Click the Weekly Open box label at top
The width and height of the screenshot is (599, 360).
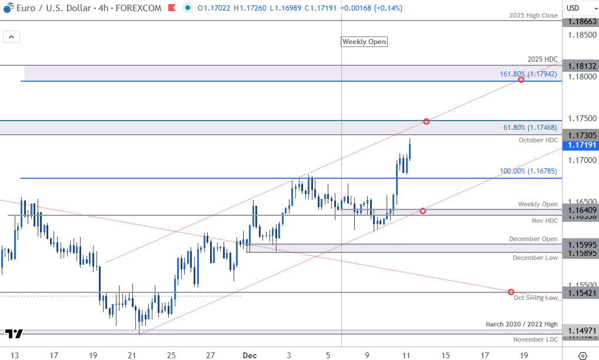click(364, 42)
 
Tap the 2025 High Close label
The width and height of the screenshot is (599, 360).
click(534, 16)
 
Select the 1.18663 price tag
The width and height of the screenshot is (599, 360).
click(580, 21)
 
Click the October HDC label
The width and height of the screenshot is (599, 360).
click(538, 140)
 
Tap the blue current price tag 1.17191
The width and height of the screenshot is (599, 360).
click(580, 144)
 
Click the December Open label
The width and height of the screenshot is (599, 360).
click(534, 239)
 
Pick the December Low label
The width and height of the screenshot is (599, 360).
click(535, 258)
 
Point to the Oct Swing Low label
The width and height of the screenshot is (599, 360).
click(535, 298)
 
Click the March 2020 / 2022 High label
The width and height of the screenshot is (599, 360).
click(521, 324)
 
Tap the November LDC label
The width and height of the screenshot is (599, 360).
click(535, 339)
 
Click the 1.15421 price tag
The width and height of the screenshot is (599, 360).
click(580, 292)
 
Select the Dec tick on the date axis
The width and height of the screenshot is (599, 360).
click(249, 355)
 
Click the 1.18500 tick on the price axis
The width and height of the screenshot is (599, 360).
click(580, 35)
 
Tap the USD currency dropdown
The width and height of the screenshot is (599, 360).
click(580, 8)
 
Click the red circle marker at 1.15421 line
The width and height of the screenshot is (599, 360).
click(511, 292)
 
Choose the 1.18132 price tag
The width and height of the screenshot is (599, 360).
click(580, 66)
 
